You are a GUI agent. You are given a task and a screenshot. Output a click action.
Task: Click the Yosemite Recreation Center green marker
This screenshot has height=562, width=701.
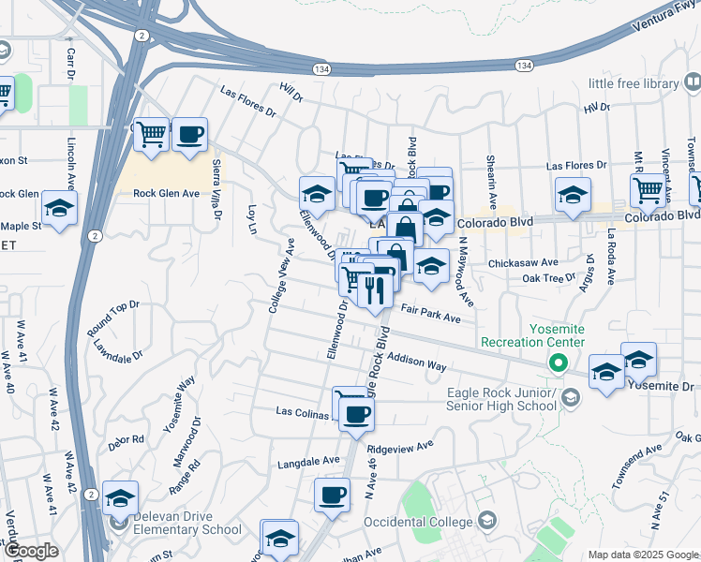tap(559, 362)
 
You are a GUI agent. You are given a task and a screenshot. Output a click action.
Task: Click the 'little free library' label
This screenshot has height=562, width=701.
tap(634, 83)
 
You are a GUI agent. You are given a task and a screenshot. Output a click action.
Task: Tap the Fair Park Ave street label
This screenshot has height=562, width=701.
tap(431, 312)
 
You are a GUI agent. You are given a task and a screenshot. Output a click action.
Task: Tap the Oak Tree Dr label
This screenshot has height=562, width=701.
tap(548, 278)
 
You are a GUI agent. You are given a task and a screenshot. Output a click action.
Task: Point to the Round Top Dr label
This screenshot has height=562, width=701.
tap(112, 318)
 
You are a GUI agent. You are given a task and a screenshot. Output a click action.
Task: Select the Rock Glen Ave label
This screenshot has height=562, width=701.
tap(167, 194)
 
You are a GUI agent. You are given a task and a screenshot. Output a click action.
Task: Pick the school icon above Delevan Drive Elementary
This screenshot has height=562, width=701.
tap(120, 498)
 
